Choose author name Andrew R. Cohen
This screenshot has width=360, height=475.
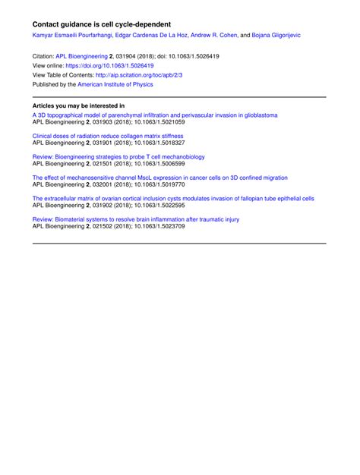coord(215,36)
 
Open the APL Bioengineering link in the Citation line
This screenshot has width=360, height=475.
coord(81,56)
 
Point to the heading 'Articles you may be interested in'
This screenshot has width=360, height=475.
coord(79,105)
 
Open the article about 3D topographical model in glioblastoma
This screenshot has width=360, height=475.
coord(155,115)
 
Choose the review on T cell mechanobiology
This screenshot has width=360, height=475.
coord(118,157)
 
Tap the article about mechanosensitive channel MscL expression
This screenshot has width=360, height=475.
coord(160,178)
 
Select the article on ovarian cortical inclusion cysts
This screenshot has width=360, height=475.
coord(173,198)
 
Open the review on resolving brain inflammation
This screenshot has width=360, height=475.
coord(136,219)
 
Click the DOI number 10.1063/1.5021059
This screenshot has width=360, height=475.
coord(178,122)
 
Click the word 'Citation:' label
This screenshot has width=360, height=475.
coord(43,56)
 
